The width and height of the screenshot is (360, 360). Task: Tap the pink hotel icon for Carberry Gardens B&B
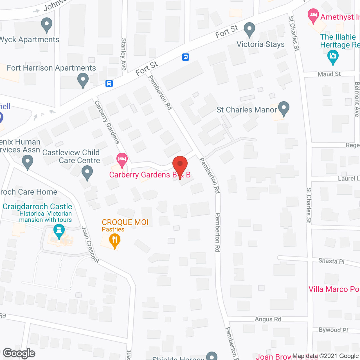[122, 160]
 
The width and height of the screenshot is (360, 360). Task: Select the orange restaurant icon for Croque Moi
[114, 241]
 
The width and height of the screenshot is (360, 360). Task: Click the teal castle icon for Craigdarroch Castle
[59, 231]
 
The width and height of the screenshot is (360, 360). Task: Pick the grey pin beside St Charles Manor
[283, 109]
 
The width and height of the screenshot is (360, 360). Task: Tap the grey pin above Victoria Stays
[249, 30]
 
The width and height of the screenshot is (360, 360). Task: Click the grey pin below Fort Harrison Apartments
[83, 80]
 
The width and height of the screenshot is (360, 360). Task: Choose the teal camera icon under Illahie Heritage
[333, 57]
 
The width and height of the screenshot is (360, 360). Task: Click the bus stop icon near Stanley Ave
[109, 84]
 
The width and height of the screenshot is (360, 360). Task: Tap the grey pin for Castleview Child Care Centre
[87, 173]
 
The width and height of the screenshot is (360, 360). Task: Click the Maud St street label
[329, 74]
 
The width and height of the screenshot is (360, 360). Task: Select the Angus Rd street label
[268, 319]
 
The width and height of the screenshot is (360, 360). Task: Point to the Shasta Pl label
[331, 261]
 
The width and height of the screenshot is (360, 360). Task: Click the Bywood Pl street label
[333, 330]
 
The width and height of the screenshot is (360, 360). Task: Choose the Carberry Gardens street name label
[107, 122]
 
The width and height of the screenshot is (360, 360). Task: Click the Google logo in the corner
[19, 353]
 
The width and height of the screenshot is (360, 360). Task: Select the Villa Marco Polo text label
[334, 289]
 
